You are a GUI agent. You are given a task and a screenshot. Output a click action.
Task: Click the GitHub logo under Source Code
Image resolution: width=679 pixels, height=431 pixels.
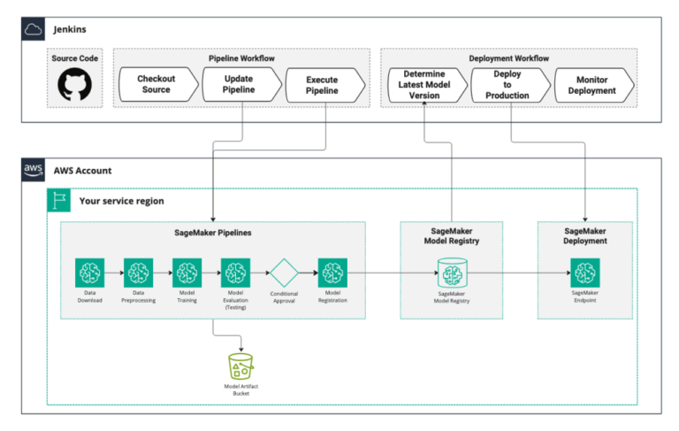pos(75,85)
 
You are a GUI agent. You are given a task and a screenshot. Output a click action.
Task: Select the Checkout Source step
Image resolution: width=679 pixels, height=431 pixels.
pos(156,85)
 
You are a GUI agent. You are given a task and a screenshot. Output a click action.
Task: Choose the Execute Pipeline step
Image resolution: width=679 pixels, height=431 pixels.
pos(323,85)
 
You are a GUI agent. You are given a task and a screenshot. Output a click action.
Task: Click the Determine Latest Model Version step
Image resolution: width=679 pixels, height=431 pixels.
pos(423,85)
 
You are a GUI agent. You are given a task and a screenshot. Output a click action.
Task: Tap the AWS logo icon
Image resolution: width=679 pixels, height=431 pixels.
pos(34,170)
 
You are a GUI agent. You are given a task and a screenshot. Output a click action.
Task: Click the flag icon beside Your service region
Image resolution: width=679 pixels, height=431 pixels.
pos(59,201)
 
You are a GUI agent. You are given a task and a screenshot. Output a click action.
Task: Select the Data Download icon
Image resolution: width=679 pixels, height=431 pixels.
pos(89,273)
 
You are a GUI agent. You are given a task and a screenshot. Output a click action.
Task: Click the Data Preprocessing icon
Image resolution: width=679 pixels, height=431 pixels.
pos(138,273)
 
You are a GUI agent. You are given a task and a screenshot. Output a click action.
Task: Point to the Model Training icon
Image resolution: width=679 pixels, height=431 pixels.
pos(187,273)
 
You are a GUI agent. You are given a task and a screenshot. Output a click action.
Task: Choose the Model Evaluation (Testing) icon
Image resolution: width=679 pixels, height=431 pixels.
pos(235,273)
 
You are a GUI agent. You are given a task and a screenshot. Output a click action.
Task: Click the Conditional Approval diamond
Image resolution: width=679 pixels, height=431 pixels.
pos(284,273)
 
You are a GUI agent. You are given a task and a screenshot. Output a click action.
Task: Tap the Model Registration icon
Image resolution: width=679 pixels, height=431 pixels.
pos(332,273)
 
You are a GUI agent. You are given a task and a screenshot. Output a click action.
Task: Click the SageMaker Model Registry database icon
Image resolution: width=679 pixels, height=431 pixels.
pos(452,273)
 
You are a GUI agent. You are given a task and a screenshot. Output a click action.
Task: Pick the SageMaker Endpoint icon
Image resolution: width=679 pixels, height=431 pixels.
pos(584,273)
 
